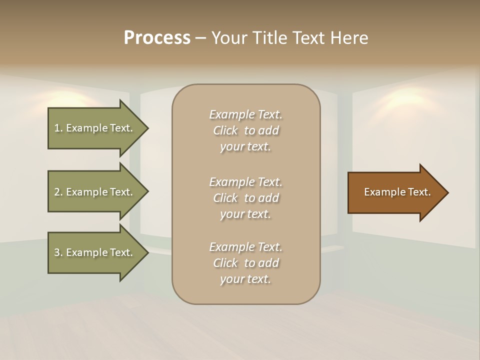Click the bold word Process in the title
[157, 37]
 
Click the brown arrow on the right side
[395, 192]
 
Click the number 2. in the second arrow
[58, 192]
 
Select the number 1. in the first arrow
[58, 128]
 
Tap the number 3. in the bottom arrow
[58, 252]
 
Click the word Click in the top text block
[225, 130]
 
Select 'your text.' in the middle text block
[245, 214]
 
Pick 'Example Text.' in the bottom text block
[245, 247]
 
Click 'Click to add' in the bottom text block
[245, 263]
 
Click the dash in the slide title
[201, 38]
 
